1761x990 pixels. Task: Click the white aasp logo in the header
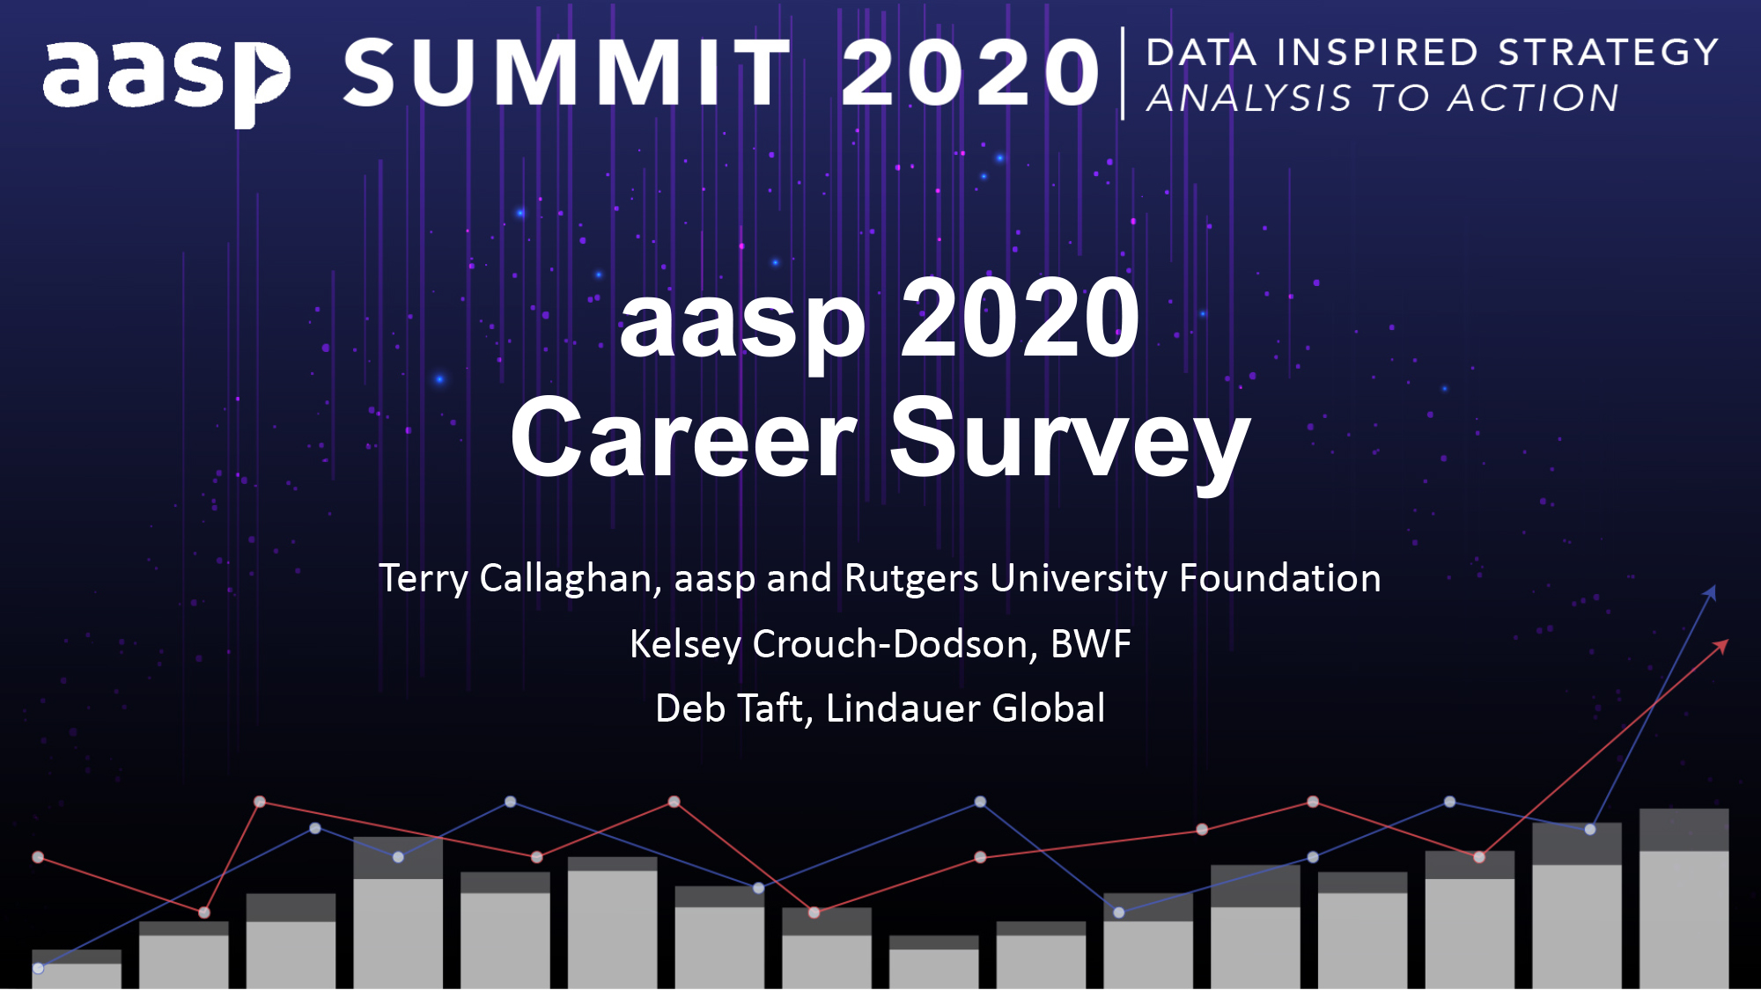coord(166,77)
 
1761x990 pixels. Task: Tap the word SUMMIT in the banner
coord(566,73)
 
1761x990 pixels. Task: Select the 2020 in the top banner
coord(970,73)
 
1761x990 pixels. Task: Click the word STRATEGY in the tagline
coord(1608,53)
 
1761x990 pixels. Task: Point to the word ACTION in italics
coord(1533,99)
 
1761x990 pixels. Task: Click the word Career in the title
coord(683,438)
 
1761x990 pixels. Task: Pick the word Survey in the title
coord(1069,438)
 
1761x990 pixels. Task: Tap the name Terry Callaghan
coord(515,579)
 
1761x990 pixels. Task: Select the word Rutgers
coord(910,579)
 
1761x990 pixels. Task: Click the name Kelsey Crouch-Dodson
coord(828,644)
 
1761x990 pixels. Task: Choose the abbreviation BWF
coord(1090,644)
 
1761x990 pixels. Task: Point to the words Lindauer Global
coord(965,708)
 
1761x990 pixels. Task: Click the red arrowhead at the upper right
coord(1720,647)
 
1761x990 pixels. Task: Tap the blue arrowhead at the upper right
coord(1710,592)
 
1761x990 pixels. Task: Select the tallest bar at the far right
coord(1684,898)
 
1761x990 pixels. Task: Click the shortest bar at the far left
coord(77,970)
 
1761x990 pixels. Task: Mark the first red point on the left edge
coord(38,857)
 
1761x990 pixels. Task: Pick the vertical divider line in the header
coord(1123,73)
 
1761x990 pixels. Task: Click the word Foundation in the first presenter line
coord(1279,579)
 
